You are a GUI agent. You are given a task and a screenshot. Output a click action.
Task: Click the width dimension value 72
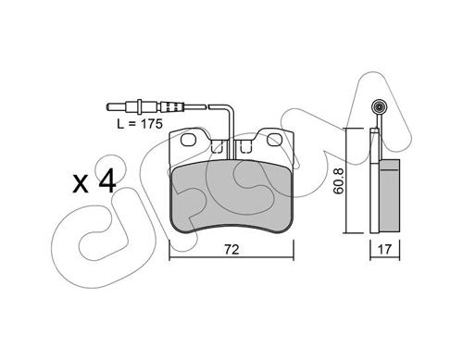click(x=231, y=249)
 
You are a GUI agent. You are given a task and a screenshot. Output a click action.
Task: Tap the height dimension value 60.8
click(x=339, y=180)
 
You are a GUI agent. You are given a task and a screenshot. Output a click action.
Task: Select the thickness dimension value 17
click(x=384, y=249)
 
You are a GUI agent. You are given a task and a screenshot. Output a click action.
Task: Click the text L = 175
click(x=140, y=124)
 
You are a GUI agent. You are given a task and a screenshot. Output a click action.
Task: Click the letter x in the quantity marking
click(x=81, y=184)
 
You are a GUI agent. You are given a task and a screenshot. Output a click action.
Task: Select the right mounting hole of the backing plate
click(x=275, y=140)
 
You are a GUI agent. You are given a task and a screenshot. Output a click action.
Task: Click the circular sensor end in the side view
click(x=379, y=107)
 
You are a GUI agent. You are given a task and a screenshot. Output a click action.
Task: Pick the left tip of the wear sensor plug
click(x=106, y=107)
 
